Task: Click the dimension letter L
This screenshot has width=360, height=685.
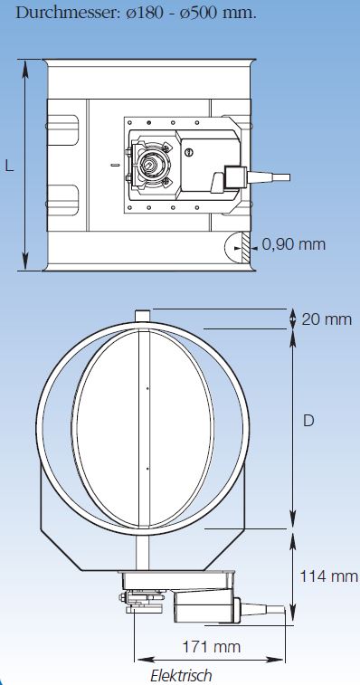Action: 10,166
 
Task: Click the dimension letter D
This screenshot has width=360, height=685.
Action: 308,420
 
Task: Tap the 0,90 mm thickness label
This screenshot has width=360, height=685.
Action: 294,244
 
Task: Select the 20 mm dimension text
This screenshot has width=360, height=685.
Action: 327,319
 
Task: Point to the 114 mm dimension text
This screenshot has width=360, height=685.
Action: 329,576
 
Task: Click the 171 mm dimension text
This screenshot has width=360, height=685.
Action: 212,646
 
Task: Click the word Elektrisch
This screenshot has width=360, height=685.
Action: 181,675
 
